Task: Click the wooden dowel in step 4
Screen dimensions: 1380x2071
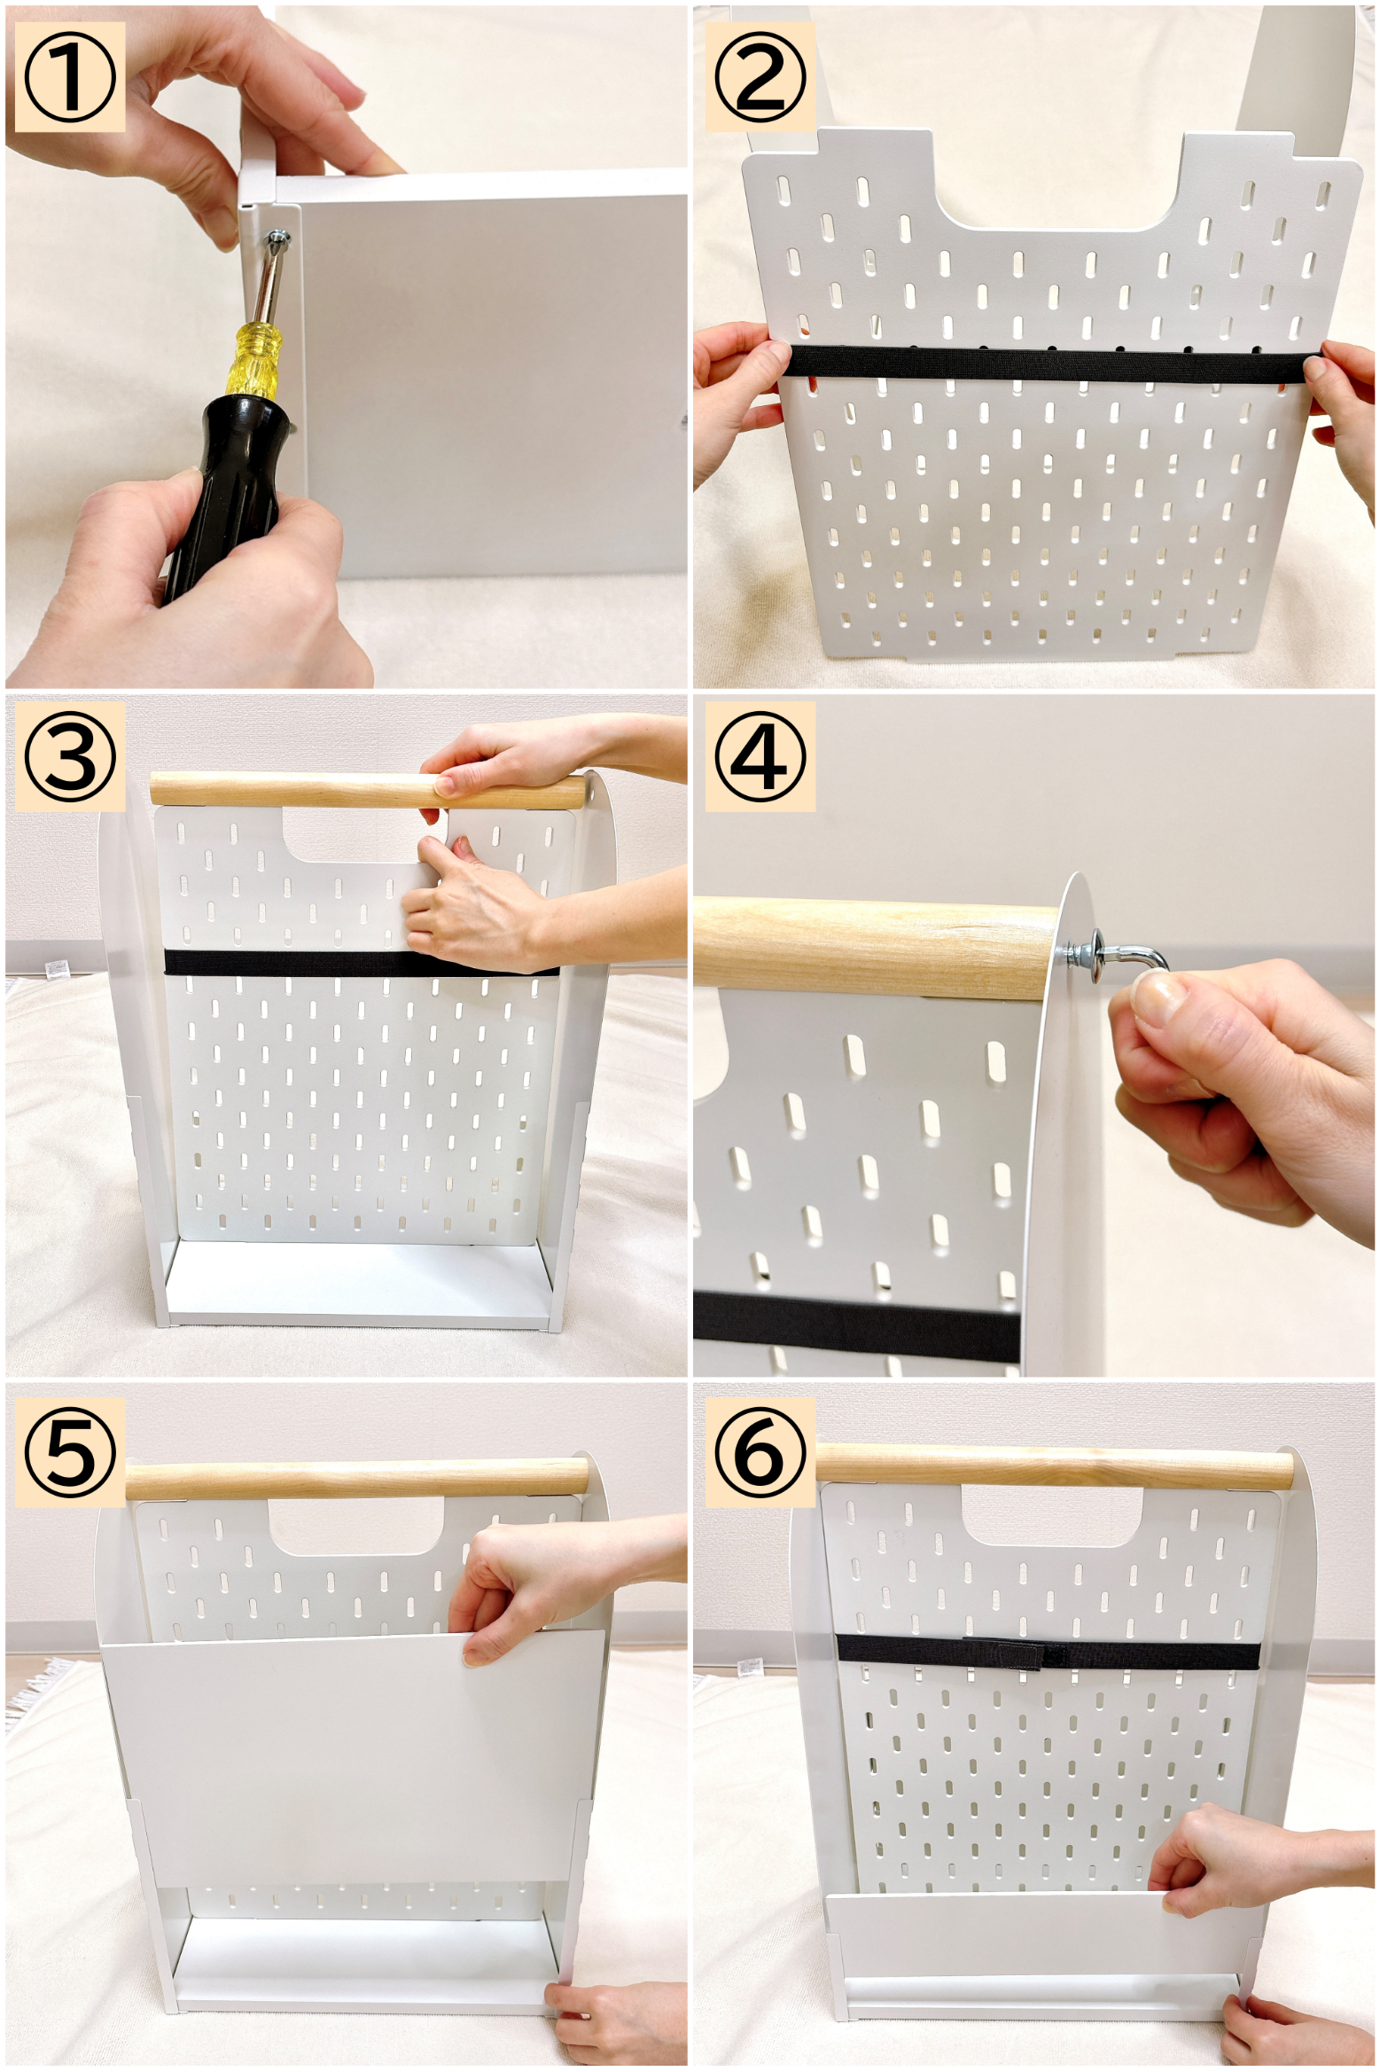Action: pos(877,949)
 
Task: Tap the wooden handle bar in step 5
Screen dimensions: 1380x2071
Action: pos(357,1481)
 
